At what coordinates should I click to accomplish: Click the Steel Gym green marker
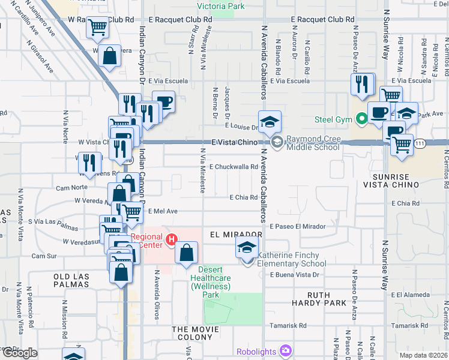[361, 119]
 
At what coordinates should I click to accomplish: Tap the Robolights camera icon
[286, 349]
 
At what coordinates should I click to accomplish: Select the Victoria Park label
[221, 7]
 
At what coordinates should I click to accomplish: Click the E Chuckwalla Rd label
[234, 167]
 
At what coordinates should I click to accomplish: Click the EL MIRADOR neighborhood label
[237, 234]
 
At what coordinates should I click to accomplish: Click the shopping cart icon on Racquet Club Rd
[98, 26]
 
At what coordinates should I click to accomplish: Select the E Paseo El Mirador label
[298, 226]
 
